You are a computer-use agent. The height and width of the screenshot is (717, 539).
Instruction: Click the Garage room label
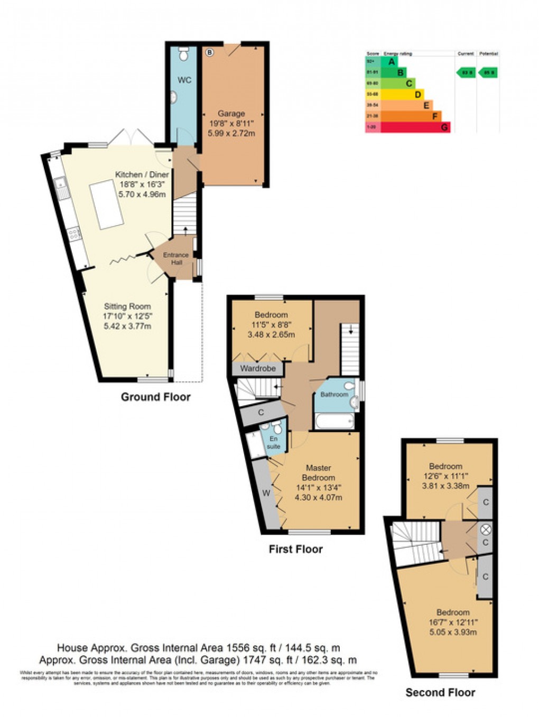(x=231, y=114)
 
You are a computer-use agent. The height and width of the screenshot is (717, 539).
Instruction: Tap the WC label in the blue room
(x=184, y=80)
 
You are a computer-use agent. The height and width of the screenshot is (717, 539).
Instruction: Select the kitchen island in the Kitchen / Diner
(x=107, y=204)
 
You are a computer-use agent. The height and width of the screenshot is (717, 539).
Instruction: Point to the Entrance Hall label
(x=176, y=258)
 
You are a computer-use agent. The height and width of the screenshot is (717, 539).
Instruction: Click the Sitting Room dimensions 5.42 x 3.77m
(x=127, y=326)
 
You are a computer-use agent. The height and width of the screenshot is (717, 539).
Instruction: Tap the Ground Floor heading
(x=155, y=397)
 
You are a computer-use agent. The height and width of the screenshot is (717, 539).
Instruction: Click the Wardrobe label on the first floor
(x=258, y=368)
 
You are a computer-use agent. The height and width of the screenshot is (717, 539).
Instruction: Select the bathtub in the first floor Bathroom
(x=334, y=421)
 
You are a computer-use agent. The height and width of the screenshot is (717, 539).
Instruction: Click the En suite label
(x=274, y=443)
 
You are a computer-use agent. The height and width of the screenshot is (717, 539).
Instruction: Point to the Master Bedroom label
(x=318, y=472)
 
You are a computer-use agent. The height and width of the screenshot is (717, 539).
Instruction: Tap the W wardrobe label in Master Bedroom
(x=266, y=493)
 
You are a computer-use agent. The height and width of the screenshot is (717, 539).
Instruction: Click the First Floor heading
(x=295, y=549)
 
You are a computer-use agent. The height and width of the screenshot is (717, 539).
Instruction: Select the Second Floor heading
(x=440, y=692)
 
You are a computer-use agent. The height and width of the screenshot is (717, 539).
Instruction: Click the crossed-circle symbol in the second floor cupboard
(x=486, y=529)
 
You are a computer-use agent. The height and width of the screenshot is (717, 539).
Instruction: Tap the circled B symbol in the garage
(x=210, y=52)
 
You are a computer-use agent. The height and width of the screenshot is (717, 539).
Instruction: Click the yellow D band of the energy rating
(x=402, y=95)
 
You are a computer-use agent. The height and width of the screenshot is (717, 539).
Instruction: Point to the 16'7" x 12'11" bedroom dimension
(x=453, y=622)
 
